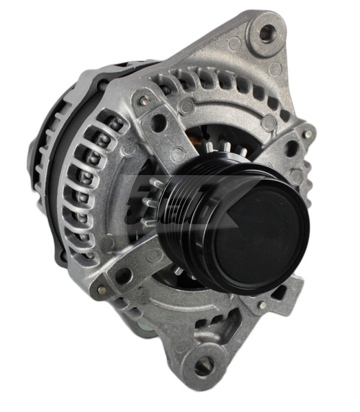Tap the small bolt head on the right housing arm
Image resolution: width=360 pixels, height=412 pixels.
308,135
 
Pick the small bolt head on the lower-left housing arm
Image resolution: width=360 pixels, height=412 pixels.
106,242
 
